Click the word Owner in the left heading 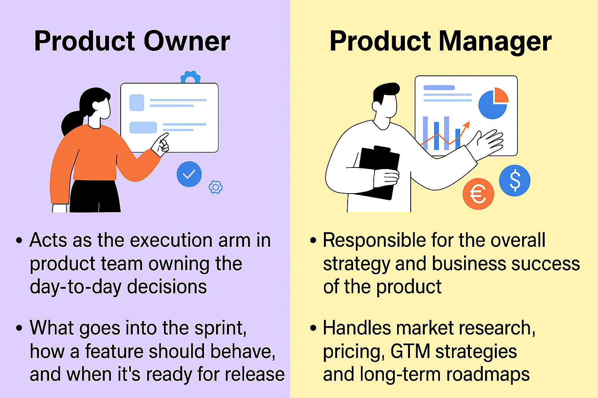[187, 41]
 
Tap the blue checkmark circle [189, 174]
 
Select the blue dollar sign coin [514, 180]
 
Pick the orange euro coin [478, 194]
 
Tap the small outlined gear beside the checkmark [215, 187]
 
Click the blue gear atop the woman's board [190, 77]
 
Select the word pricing [353, 352]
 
